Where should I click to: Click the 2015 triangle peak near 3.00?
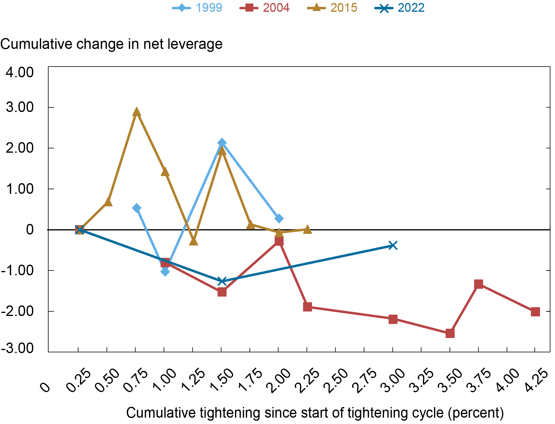pos(137,112)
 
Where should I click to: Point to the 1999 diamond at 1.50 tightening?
pos(222,143)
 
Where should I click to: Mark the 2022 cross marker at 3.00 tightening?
pos(393,245)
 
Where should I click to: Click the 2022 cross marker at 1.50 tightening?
pos(222,281)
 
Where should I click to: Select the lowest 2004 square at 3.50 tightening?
pos(450,333)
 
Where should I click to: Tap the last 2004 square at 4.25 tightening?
pos(535,312)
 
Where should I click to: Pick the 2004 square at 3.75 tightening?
pos(478,284)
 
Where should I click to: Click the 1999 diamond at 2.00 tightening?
pos(279,218)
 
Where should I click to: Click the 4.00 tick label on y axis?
pos(20,73)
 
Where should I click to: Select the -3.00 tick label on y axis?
pos(17,348)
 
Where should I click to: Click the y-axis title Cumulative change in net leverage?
pos(111,44)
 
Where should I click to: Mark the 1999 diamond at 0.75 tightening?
pos(137,208)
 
